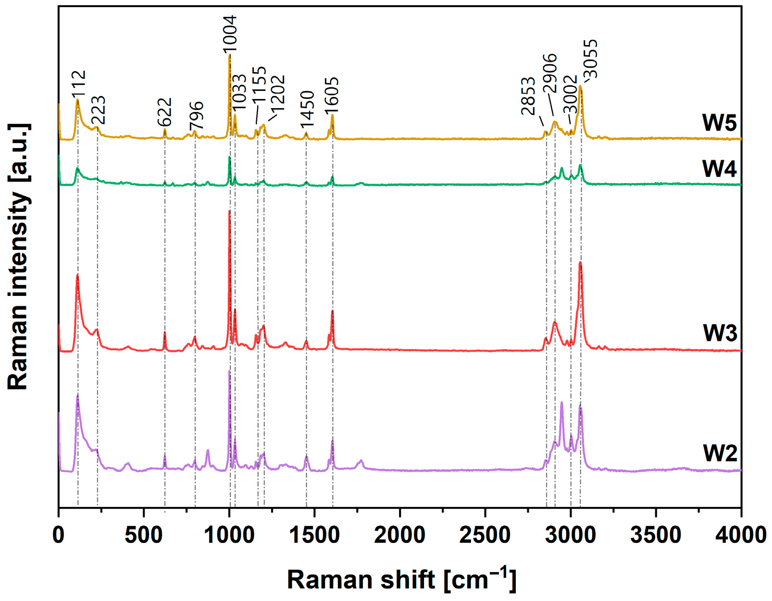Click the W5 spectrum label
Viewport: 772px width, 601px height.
pos(719,123)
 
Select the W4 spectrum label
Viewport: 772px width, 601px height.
pos(719,169)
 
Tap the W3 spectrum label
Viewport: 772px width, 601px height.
pos(719,333)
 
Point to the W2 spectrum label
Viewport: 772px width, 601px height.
pos(719,453)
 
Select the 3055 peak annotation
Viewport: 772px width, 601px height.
pos(590,59)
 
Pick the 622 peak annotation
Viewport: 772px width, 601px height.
pos(164,112)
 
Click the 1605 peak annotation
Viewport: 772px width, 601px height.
pos(332,95)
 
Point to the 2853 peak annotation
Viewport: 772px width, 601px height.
pos(528,96)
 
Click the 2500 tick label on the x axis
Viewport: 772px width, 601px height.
pos(485,535)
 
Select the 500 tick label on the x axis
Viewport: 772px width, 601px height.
pos(144,535)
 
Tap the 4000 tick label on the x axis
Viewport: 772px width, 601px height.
pos(740,535)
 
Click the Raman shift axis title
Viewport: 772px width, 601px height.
pos(401,579)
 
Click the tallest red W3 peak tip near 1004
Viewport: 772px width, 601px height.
pos(229,211)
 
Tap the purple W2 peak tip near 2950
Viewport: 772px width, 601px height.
pos(561,403)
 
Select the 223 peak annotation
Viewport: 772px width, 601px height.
pos(98,110)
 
